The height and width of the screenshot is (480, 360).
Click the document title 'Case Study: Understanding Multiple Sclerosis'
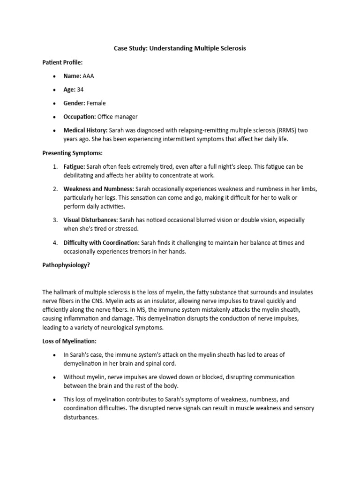pyautogui.click(x=180, y=48)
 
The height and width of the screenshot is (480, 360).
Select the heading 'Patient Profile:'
pyautogui.click(x=63, y=62)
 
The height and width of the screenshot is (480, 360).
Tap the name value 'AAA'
pyautogui.click(x=88, y=75)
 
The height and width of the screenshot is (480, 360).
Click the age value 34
pyautogui.click(x=80, y=89)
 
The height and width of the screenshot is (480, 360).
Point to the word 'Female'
pyautogui.click(x=97, y=103)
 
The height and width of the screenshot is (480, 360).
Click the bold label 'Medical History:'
pyautogui.click(x=86, y=130)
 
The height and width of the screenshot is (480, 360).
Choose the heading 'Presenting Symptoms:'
pyautogui.click(x=72, y=153)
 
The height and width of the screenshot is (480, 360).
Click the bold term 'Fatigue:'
pyautogui.click(x=75, y=166)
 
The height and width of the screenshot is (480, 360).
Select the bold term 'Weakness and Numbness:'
pyautogui.click(x=99, y=189)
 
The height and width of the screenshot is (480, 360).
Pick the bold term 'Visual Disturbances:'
pyautogui.click(x=91, y=220)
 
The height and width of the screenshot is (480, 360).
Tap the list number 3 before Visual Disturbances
pyautogui.click(x=55, y=220)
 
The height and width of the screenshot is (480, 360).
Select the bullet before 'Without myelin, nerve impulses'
pyautogui.click(x=55, y=377)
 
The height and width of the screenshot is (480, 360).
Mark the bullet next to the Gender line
pyautogui.click(x=55, y=103)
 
